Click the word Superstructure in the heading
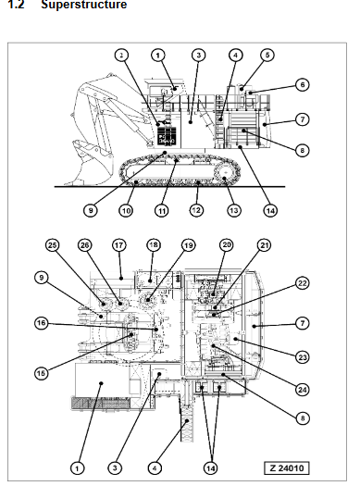[x=83, y=5]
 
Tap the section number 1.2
[x=16, y=5]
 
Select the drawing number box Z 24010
[x=287, y=467]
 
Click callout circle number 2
[x=121, y=56]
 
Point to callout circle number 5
[x=267, y=56]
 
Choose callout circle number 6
[x=303, y=84]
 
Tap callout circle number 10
[x=126, y=211]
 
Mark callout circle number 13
[x=234, y=211]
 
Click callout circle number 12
[x=196, y=210]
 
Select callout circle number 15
[x=42, y=373]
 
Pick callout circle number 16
[x=42, y=323]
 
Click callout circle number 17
[x=119, y=245]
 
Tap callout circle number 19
[x=189, y=245]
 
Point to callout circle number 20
[x=227, y=245]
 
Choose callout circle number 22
[x=303, y=283]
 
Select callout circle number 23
[x=303, y=357]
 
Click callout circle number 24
[x=303, y=390]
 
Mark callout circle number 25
[x=53, y=245]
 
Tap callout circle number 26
[x=84, y=245]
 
